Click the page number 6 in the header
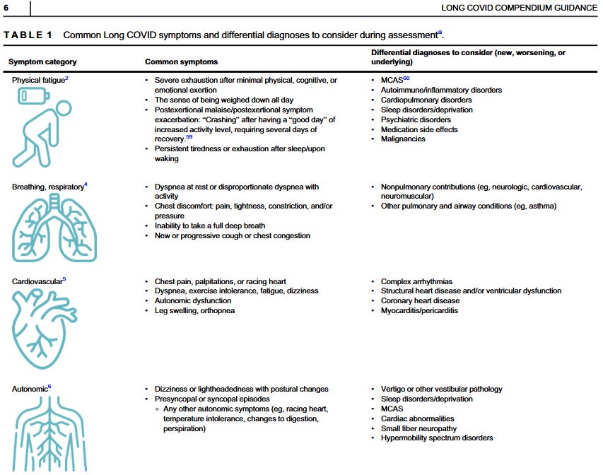(x=6, y=8)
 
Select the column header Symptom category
(x=42, y=62)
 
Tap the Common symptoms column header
(x=181, y=62)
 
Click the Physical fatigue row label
(x=38, y=81)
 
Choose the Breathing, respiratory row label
(x=47, y=187)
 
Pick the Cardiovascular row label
(x=36, y=281)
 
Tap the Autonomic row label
(x=30, y=389)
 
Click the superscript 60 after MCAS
(x=406, y=78)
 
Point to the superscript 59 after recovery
(x=189, y=137)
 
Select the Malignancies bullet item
(x=403, y=139)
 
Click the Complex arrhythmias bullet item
(x=416, y=281)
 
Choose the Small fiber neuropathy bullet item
(x=418, y=428)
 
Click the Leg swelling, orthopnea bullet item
(x=194, y=310)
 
